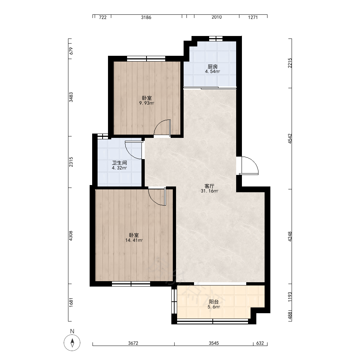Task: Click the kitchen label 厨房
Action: coord(212,67)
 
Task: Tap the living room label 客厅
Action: coord(209,186)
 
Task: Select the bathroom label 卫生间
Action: coord(120,163)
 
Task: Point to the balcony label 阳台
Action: coord(213,302)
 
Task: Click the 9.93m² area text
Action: coord(147,103)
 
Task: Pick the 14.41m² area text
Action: coord(134,240)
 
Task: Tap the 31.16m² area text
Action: coord(210,191)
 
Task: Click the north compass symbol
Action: coord(72,343)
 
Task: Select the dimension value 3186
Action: coord(146,17)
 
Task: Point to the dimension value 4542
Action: coord(290,139)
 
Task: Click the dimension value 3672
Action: coord(133,343)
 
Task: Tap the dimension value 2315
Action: coord(71,162)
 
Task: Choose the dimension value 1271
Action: coord(253,17)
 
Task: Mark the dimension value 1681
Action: coord(71,302)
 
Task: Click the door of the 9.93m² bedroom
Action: coord(162,129)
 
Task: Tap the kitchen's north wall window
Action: coord(216,39)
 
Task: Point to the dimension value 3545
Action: coord(214,343)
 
